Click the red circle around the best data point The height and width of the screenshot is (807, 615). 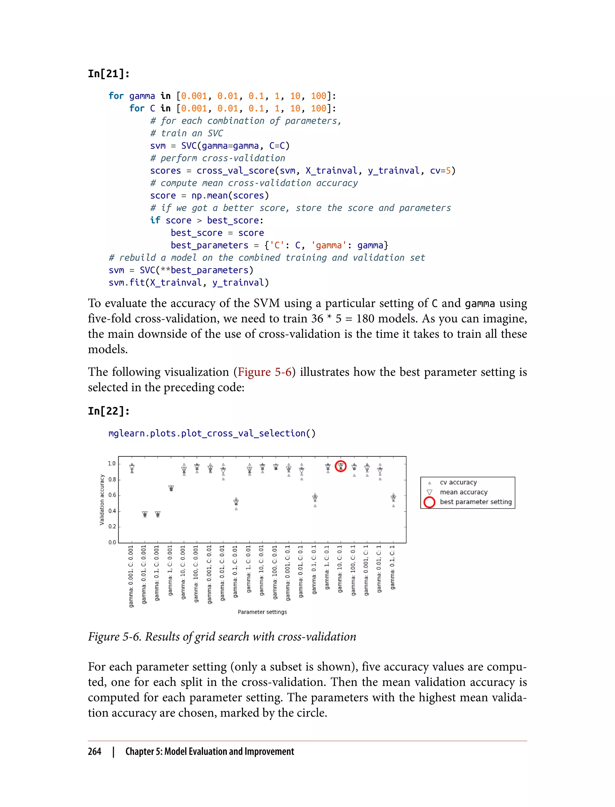(341, 466)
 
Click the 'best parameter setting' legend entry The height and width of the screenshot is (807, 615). (476, 502)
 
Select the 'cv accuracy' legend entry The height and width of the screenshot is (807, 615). (458, 482)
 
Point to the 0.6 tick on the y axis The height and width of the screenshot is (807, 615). (112, 495)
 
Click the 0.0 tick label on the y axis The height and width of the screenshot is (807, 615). (112, 543)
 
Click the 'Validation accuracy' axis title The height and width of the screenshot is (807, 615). (102, 500)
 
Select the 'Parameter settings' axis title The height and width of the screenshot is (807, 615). (262, 612)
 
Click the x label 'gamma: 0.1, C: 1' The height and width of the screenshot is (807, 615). (392, 568)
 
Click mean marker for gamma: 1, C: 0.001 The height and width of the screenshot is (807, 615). (171, 488)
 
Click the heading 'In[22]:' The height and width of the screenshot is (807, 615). (109, 411)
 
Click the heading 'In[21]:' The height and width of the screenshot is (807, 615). (109, 74)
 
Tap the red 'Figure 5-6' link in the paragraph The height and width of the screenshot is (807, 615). (264, 372)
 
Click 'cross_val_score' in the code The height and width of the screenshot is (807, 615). (235, 171)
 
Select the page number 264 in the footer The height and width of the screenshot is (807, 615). (95, 751)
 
